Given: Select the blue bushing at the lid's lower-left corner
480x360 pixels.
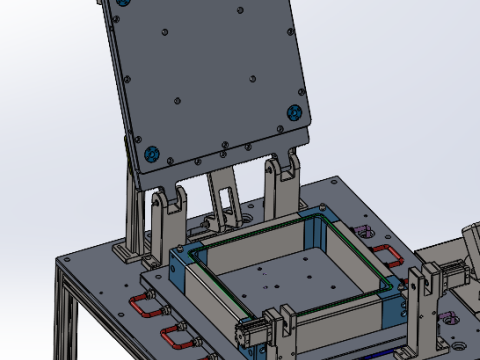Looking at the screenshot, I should [152, 154].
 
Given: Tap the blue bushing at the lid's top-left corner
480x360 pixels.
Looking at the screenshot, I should [122, 3].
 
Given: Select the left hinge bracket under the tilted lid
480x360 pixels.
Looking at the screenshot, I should [163, 215].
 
